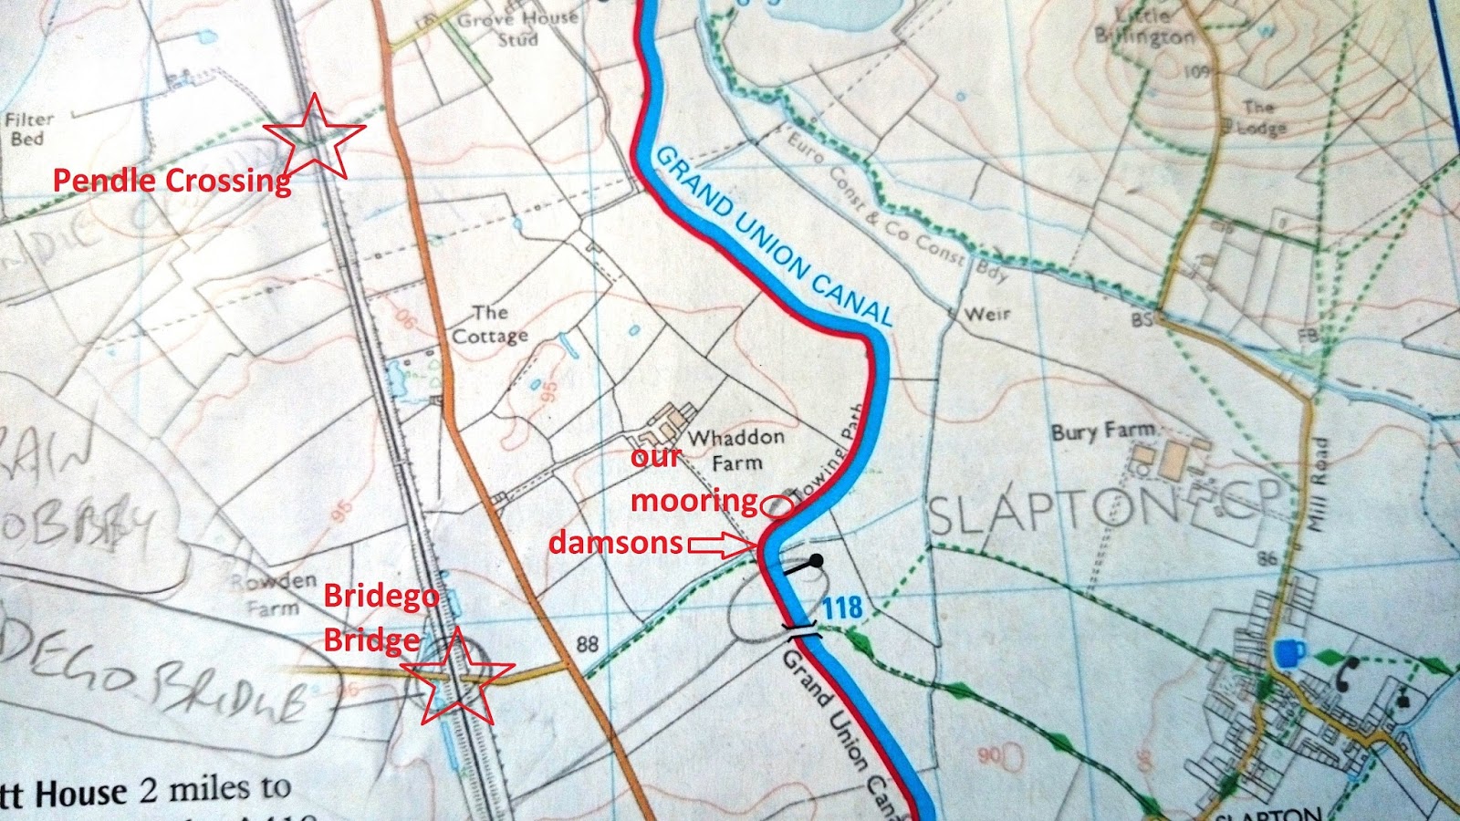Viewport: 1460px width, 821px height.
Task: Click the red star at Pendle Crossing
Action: pyautogui.click(x=314, y=137)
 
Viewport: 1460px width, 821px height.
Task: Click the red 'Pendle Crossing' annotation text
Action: pyautogui.click(x=172, y=180)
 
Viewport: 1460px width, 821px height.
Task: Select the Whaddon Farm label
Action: pyautogui.click(x=735, y=450)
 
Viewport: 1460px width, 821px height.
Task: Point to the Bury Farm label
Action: pyautogui.click(x=1102, y=430)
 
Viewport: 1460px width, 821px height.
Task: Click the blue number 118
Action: pyautogui.click(x=841, y=607)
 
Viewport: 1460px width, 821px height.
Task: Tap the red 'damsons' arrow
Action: pyautogui.click(x=721, y=546)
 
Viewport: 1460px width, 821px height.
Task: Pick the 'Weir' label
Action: pyautogui.click(x=987, y=314)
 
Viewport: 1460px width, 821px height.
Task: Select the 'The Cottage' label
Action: pyautogui.click(x=490, y=325)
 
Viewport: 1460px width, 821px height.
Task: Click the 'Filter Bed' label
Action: pyautogui.click(x=29, y=129)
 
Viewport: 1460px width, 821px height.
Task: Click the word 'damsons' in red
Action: pyautogui.click(x=615, y=543)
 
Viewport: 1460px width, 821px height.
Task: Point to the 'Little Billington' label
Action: pyautogui.click(x=1145, y=28)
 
